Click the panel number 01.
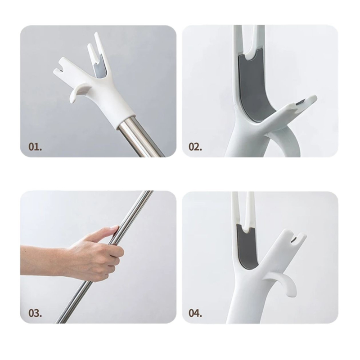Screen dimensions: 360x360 [x=35, y=147]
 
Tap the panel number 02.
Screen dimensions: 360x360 [x=195, y=147]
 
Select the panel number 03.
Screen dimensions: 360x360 [x=35, y=313]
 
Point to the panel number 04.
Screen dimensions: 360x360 [x=195, y=313]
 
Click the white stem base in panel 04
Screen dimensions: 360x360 [x=243, y=306]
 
